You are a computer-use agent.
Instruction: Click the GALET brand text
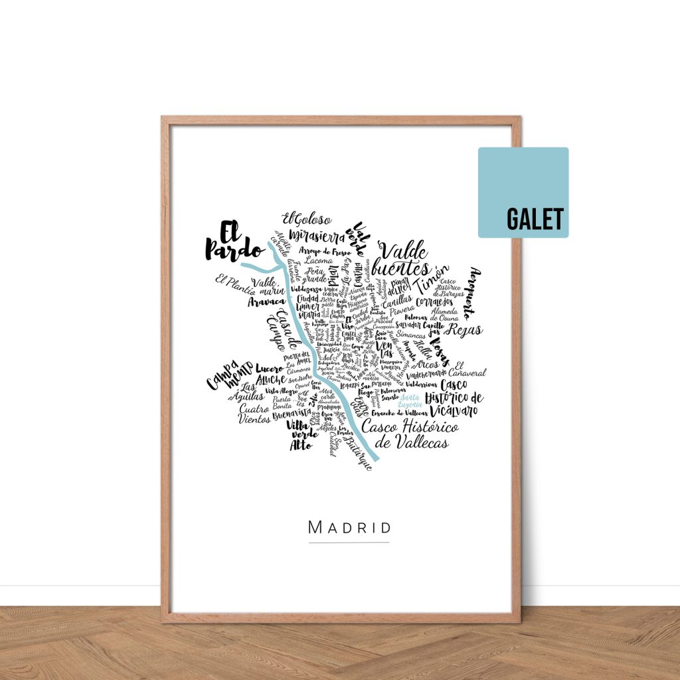(535, 219)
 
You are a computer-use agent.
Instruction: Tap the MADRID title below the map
(349, 528)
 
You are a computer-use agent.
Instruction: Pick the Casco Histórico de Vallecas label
(410, 435)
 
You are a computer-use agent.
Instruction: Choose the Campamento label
(229, 375)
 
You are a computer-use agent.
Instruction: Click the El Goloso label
(306, 218)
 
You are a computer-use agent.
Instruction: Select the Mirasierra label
(317, 236)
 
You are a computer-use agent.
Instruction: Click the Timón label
(432, 283)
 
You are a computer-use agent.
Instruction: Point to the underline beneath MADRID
(349, 543)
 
